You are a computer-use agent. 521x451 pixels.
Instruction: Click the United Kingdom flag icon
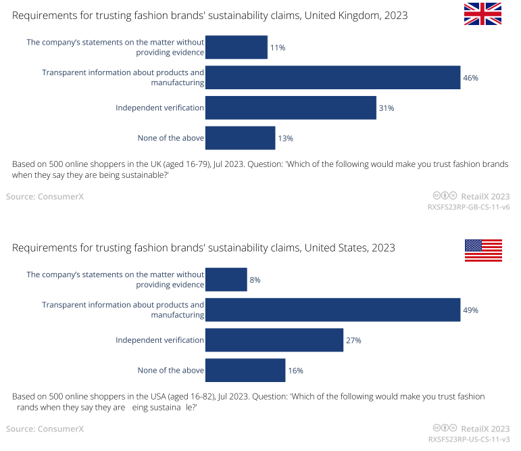482,14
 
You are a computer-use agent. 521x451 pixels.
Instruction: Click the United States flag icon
482,250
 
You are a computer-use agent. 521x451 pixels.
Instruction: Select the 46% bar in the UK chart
332,78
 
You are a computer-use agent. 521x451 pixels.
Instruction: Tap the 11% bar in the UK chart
236,47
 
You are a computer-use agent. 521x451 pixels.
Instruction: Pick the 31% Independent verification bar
291,108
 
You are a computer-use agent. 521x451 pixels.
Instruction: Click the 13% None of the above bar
240,138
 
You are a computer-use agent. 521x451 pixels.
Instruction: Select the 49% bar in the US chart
332,310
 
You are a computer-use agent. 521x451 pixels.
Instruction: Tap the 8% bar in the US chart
226,279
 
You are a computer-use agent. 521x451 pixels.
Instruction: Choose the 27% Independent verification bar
274,340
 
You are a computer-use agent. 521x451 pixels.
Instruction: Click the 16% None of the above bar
245,371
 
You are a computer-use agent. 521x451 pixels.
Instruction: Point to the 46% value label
470,78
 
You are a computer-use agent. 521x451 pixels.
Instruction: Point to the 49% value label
470,310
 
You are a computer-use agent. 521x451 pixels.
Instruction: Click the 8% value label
255,280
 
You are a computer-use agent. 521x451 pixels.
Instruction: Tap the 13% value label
285,138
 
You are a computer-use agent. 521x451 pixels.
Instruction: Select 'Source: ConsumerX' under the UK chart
45,196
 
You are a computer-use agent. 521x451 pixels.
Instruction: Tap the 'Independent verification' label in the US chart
159,340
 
